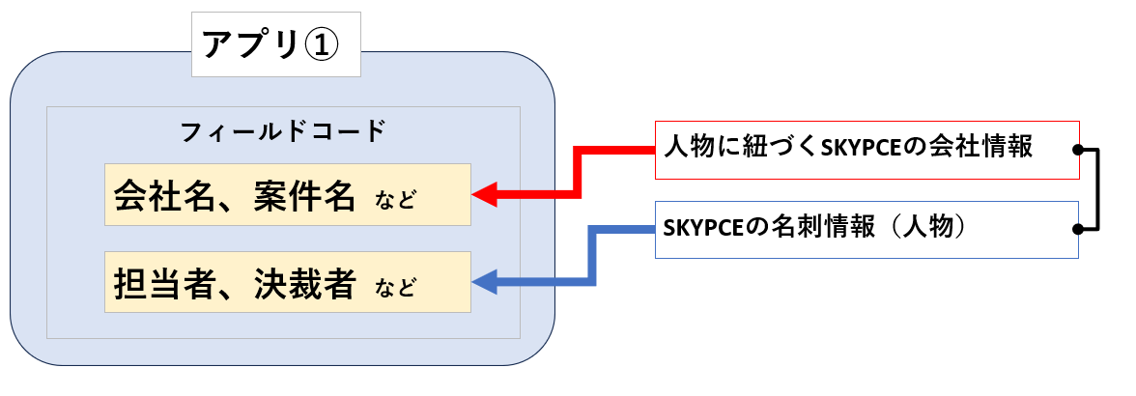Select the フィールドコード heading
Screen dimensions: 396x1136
(283, 130)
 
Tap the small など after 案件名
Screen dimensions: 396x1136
(395, 201)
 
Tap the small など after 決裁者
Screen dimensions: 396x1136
(395, 288)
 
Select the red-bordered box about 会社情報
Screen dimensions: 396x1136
(866, 150)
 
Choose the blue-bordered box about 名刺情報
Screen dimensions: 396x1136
(866, 229)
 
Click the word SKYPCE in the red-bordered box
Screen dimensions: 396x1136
(861, 150)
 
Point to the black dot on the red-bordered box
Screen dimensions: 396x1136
(1078, 151)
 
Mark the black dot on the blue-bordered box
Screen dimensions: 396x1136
(1078, 230)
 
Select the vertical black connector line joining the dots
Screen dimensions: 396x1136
(1098, 190)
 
